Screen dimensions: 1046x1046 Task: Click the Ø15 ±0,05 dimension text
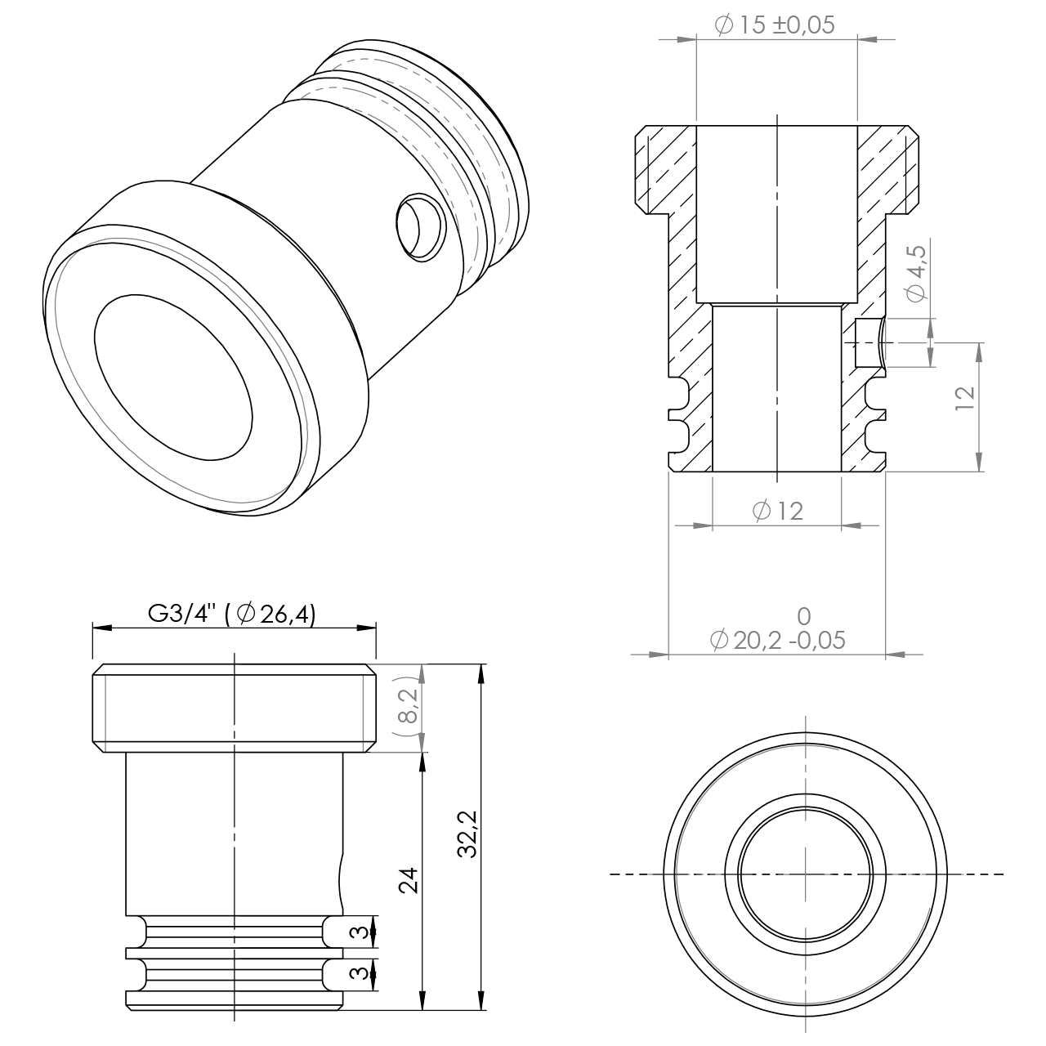click(x=775, y=25)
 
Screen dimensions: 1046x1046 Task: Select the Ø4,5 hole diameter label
click(x=916, y=272)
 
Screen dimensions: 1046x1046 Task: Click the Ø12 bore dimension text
click(x=776, y=512)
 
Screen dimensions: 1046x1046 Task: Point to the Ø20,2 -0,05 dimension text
click(x=777, y=640)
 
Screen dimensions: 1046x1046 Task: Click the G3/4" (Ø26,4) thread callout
click(x=232, y=613)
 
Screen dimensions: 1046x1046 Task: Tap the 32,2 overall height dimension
click(x=467, y=834)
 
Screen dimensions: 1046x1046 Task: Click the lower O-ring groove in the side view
click(x=234, y=974)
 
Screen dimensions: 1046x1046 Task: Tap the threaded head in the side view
click(x=234, y=708)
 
